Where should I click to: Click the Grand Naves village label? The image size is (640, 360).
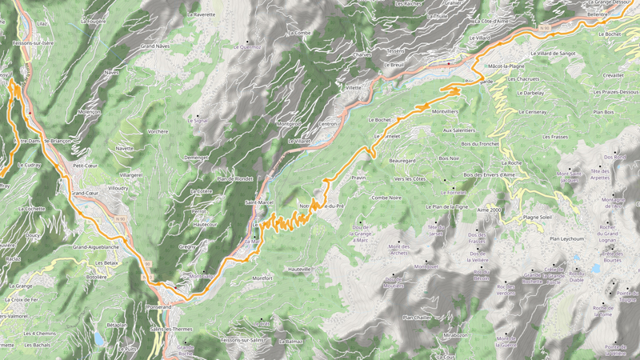click(155, 47)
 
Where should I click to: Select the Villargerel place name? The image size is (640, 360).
click(130, 174)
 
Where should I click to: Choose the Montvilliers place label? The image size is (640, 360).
click(445, 111)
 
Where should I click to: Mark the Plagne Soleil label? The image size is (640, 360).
click(538, 217)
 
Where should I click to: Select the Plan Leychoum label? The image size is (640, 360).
click(566, 238)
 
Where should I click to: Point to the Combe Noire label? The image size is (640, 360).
click(386, 198)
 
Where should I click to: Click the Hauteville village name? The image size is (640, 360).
click(300, 270)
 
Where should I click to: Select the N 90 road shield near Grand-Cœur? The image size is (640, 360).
click(121, 218)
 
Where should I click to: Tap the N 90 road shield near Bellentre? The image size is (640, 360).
click(546, 28)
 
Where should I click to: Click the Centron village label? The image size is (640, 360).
click(328, 124)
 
